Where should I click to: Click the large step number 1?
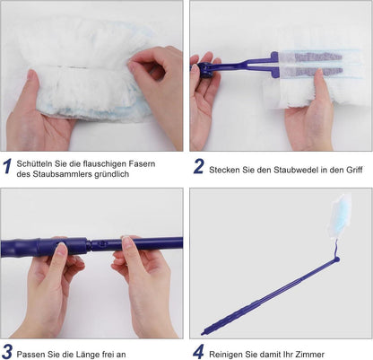[7, 166]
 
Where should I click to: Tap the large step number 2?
[198, 166]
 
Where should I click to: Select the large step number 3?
[7, 352]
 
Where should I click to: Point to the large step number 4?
[198, 352]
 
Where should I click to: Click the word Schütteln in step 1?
[35, 163]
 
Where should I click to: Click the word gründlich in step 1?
[111, 174]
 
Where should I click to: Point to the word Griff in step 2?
[354, 170]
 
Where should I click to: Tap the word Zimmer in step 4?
[310, 355]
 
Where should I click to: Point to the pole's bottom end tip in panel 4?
[203, 333]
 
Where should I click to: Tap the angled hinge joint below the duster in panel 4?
[336, 259]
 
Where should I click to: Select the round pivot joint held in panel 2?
[204, 70]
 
